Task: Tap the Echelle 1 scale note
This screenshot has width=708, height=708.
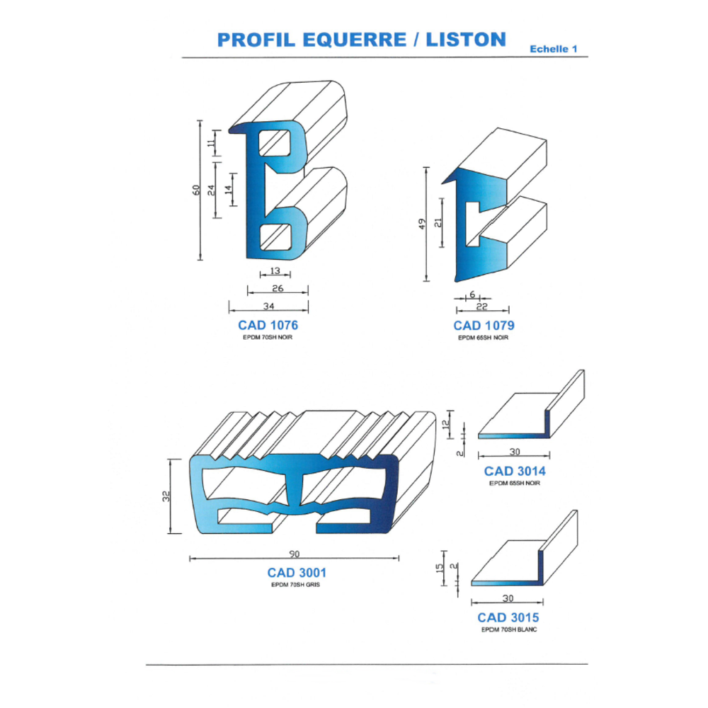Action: pyautogui.click(x=554, y=49)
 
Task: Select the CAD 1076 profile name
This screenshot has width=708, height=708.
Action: pyautogui.click(x=268, y=326)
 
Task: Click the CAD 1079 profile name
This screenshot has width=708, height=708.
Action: pyautogui.click(x=484, y=326)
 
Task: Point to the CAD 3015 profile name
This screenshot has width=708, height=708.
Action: pyautogui.click(x=508, y=617)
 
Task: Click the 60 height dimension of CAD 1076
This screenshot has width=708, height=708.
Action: pyautogui.click(x=195, y=190)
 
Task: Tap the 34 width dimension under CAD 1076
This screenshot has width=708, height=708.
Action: pyautogui.click(x=268, y=305)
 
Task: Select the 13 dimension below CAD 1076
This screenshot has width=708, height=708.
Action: pyautogui.click(x=275, y=271)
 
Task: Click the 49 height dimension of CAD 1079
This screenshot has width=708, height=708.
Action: pyautogui.click(x=422, y=224)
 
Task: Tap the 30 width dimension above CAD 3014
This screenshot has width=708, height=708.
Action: pyautogui.click(x=515, y=451)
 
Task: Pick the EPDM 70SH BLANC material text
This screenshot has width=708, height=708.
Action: pyautogui.click(x=508, y=629)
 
